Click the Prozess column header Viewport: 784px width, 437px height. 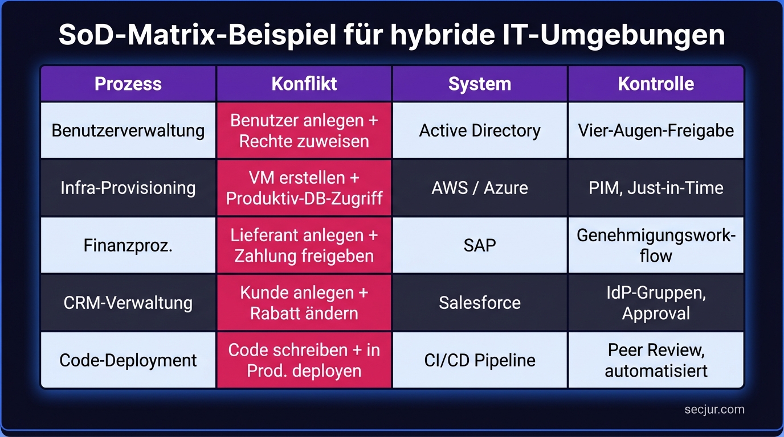point(128,84)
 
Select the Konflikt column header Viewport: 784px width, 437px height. point(304,84)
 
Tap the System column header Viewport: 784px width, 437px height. point(480,84)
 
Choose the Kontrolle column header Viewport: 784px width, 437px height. point(656,84)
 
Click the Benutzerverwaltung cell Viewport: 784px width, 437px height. point(128,130)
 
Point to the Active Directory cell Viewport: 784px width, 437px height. point(480,130)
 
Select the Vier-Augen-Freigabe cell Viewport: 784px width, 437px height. point(656,130)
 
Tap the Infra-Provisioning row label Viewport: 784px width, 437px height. point(128,188)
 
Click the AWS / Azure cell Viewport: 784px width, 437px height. point(480,188)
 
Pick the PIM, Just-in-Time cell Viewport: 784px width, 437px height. point(656,188)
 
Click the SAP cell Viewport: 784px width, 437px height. point(480,245)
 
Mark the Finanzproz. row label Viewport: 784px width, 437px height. point(128,245)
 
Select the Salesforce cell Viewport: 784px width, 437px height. point(480,303)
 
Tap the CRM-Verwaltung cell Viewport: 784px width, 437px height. point(128,303)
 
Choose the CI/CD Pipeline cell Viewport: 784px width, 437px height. point(480,360)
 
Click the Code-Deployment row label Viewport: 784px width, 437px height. point(128,360)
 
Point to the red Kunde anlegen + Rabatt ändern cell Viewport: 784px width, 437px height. point(304,303)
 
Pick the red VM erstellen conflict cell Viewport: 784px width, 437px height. point(304,188)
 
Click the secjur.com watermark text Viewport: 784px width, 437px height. point(714,410)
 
